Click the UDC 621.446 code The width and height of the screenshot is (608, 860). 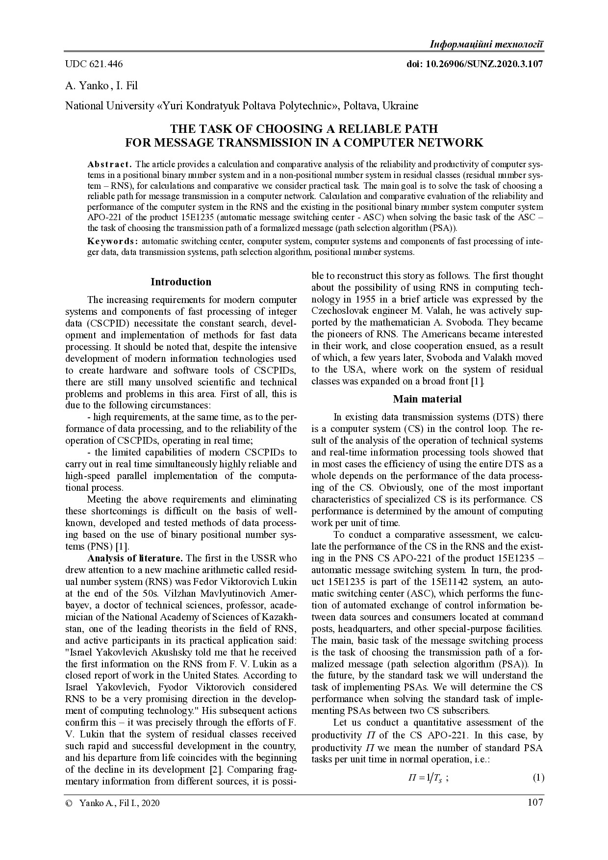coord(94,64)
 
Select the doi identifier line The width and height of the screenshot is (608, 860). coord(475,64)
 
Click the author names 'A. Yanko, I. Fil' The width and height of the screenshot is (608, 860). coord(101,86)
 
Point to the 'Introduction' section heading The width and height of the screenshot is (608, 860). coord(181,282)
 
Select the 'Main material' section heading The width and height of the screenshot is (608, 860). coord(427,399)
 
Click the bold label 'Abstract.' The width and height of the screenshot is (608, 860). coord(109,164)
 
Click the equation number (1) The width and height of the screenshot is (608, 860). coord(538,778)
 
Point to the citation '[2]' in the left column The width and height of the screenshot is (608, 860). coord(214,770)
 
